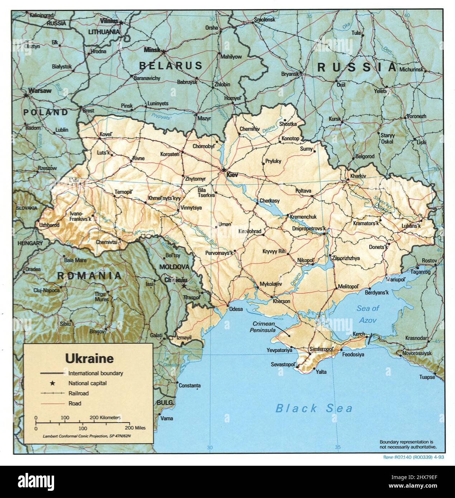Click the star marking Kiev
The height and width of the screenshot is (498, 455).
224,170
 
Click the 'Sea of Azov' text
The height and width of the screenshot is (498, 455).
368,313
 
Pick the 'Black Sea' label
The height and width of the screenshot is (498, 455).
314,408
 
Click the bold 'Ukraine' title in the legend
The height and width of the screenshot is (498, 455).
89,358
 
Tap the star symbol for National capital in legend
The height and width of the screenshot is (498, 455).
52,383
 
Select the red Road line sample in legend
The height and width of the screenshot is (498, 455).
52,403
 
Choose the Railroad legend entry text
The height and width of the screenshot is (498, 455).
78,393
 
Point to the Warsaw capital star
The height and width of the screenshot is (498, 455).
26,95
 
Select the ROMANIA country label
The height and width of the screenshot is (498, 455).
89,276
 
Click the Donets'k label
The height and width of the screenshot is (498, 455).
378,247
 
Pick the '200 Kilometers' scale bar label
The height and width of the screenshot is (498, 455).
105,418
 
